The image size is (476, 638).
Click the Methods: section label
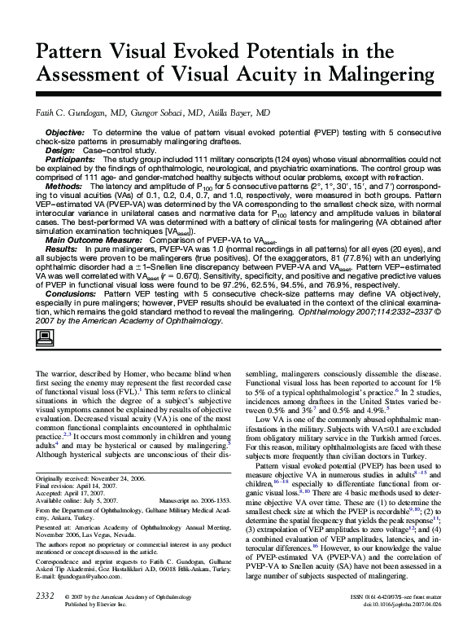click(x=63, y=187)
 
